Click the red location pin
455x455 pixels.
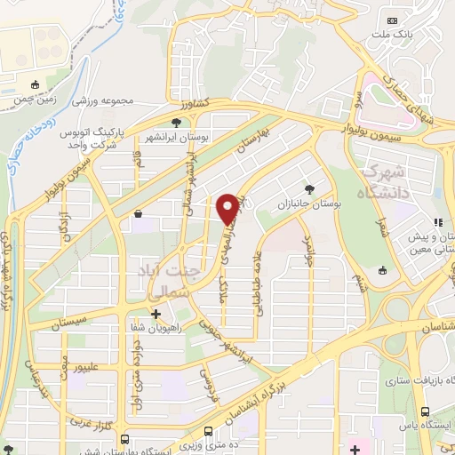228,208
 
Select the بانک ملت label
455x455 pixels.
392,36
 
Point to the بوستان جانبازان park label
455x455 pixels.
310,204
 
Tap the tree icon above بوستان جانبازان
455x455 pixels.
309,188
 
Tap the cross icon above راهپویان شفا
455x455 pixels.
156,313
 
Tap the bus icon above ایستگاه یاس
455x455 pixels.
426,411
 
